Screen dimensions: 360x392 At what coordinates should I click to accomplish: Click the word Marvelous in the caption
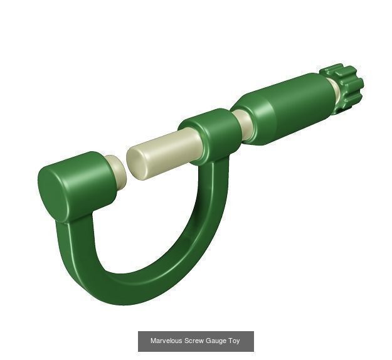[x=166, y=341]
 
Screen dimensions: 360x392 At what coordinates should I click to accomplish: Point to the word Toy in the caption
[x=234, y=341]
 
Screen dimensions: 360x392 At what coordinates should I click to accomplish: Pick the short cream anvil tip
[x=117, y=172]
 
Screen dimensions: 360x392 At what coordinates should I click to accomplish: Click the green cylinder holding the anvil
[x=78, y=185]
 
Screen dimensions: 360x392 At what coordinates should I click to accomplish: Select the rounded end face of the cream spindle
[x=136, y=164]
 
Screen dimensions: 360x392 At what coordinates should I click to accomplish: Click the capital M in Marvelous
[x=153, y=341]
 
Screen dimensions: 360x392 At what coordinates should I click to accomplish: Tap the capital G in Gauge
[x=209, y=341]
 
